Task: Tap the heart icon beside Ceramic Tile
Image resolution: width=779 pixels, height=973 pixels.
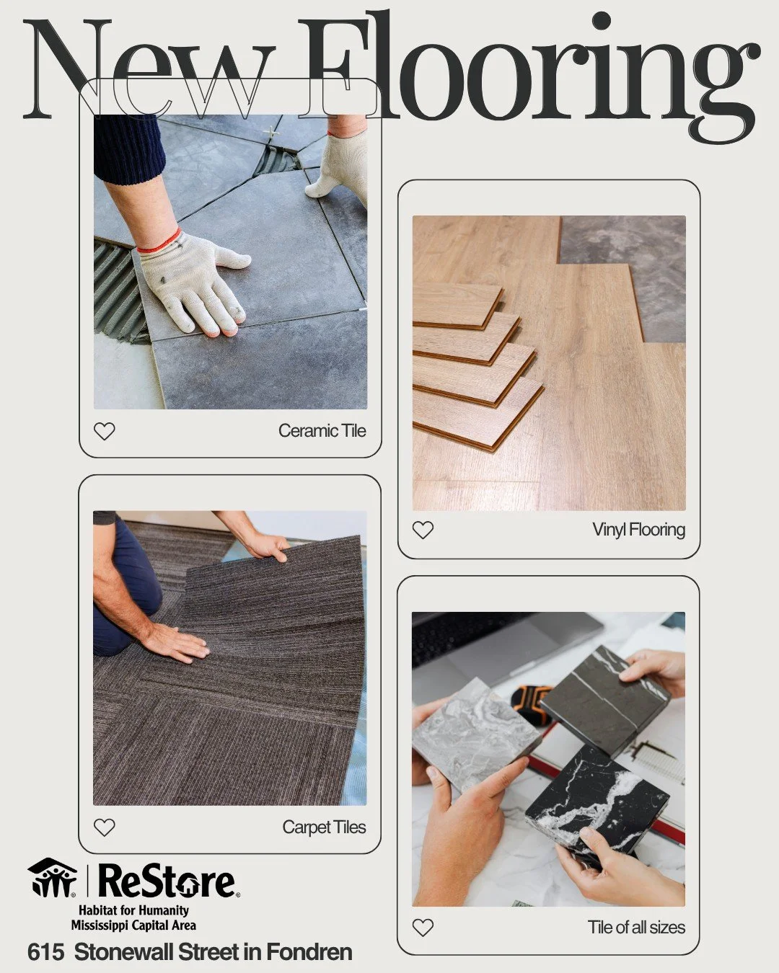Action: [105, 431]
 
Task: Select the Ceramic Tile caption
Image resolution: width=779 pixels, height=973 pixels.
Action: [322, 431]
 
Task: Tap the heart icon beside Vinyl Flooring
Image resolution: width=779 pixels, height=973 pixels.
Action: [423, 530]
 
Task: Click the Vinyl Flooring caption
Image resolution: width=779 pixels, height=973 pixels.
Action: [638, 530]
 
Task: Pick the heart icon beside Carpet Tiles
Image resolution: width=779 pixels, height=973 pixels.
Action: [105, 827]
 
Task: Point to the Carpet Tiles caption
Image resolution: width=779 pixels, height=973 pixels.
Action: [324, 827]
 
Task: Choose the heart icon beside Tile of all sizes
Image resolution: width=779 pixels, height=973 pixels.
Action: [423, 927]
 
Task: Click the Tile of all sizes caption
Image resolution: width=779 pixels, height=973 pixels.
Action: [636, 927]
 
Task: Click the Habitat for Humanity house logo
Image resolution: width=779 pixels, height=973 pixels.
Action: [52, 877]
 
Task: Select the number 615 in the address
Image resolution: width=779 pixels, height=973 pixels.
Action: [45, 952]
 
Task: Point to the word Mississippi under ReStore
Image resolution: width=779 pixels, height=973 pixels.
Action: [100, 925]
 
